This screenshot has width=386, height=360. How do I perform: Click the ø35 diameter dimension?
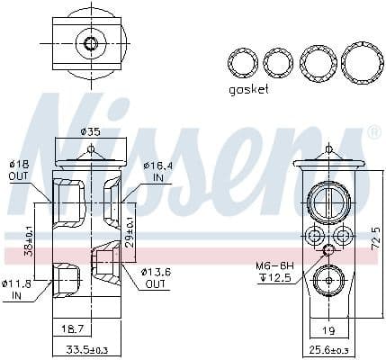coord(90,131)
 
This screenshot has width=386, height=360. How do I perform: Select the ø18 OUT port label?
coord(19,170)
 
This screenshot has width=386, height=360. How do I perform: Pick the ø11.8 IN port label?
coord(19,290)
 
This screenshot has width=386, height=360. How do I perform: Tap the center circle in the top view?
coord(89,42)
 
